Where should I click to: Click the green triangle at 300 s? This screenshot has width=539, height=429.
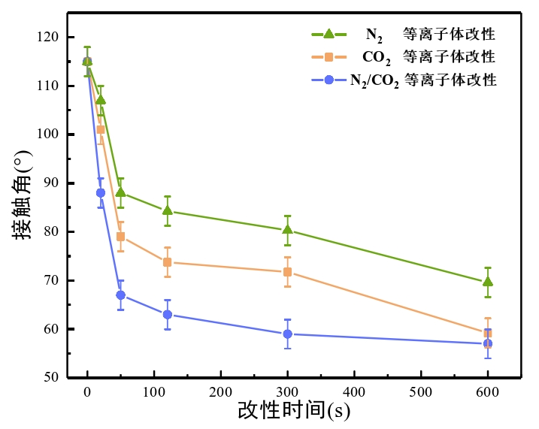pos(287,230)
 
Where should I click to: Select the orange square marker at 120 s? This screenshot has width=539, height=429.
pos(167,262)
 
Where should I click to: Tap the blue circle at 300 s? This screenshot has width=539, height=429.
pos(287,334)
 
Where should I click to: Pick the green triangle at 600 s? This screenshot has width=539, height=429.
pos(488,282)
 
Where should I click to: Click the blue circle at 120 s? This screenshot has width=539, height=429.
pos(167,315)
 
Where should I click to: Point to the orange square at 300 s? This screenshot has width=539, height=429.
pos(287,272)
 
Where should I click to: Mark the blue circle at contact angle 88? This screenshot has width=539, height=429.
pos(101,193)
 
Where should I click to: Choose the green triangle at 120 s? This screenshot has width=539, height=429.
pos(167,210)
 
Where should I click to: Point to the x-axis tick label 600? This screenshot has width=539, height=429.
pos(488,393)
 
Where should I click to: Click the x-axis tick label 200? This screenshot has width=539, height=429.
pos(220,393)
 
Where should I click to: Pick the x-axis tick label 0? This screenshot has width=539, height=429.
pos(87,393)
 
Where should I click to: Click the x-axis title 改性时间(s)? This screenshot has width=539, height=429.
pos(294,412)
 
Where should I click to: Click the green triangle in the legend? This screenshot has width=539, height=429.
pos(329,34)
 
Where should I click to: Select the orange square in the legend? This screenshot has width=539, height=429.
pos(329,56)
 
